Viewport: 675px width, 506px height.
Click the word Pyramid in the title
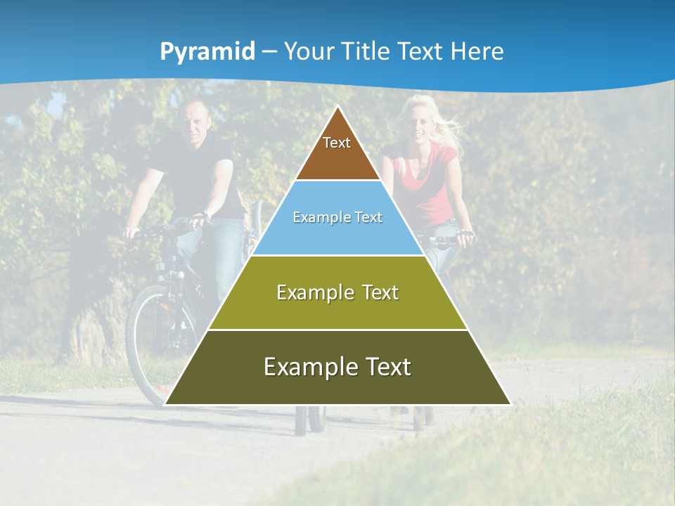207,52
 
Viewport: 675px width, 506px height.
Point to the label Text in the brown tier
337,143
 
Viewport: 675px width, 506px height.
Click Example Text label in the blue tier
337,217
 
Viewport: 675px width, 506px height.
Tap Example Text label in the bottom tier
337,366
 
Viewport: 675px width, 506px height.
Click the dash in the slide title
269,52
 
